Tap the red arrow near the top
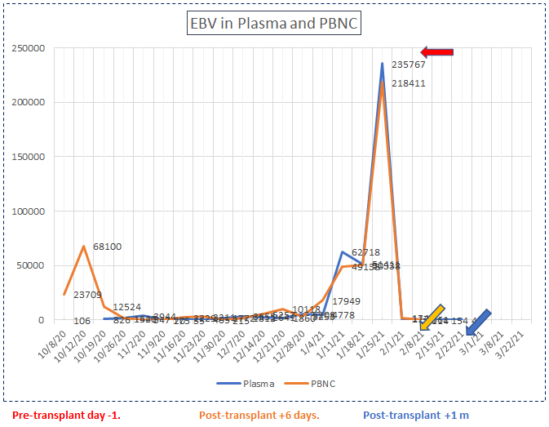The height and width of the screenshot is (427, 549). (436, 52)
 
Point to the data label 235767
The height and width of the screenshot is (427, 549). (408, 64)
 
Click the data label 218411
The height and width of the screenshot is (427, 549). (408, 83)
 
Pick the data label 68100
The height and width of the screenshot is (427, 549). (108, 246)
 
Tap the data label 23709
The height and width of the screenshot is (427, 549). (87, 295)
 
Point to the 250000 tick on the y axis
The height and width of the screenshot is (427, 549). (29, 48)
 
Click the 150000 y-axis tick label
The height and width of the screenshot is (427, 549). (29, 157)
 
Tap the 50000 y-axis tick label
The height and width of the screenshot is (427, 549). (32, 265)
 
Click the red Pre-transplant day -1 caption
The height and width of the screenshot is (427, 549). (67, 415)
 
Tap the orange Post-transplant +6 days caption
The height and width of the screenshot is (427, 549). (259, 415)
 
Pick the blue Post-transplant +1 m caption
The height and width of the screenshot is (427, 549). (416, 415)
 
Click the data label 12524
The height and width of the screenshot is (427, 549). (128, 307)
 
